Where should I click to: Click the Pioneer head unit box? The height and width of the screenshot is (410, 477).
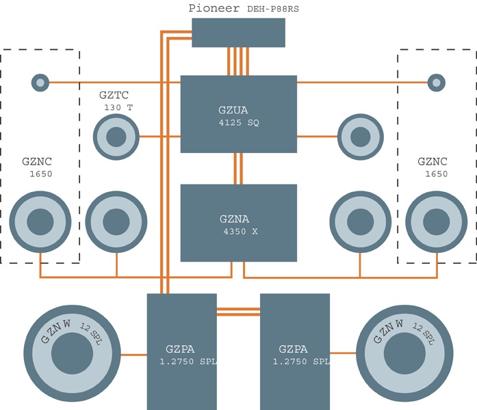click(x=238, y=33)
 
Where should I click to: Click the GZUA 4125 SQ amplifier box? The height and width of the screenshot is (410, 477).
click(x=238, y=113)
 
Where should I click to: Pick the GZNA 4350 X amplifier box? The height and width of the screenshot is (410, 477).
click(x=238, y=223)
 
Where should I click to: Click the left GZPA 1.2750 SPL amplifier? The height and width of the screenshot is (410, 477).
click(x=182, y=351)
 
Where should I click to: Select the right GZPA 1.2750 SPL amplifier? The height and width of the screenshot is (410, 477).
click(x=295, y=351)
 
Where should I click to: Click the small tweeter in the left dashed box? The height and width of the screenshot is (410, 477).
click(x=40, y=83)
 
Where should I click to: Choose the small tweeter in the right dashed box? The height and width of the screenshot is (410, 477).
click(x=436, y=83)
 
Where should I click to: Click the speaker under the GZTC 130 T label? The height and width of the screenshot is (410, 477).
click(x=116, y=137)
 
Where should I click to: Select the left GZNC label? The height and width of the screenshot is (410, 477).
click(x=36, y=162)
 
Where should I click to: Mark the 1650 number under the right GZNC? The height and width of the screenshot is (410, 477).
click(x=435, y=174)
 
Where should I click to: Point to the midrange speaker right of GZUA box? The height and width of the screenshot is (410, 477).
click(x=360, y=137)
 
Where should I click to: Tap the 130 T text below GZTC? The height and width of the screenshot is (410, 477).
click(x=118, y=108)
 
